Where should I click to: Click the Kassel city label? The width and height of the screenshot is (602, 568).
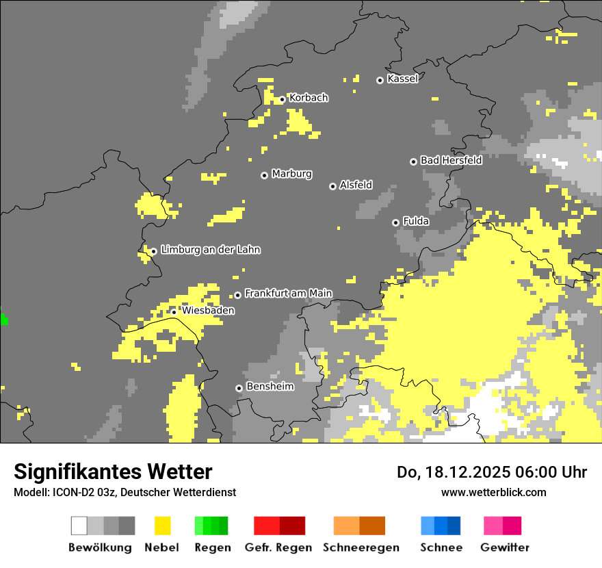[x=402, y=79]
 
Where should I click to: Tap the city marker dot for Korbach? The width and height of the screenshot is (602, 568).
[x=282, y=99]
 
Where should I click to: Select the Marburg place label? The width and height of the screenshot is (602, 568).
[x=291, y=174]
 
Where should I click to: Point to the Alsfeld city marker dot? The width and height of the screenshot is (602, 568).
[x=332, y=186]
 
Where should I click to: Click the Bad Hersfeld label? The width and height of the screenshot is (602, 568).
[x=451, y=160]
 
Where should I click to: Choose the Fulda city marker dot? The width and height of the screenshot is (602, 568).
[x=395, y=222]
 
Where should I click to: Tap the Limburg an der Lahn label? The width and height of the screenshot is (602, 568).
[x=210, y=250]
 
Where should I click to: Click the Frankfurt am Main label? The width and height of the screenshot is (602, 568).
[x=288, y=294]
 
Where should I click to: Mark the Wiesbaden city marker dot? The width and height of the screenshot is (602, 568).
[x=174, y=312]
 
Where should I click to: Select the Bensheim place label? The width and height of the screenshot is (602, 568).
[x=270, y=387]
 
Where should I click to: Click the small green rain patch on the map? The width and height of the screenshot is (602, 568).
[x=3, y=319]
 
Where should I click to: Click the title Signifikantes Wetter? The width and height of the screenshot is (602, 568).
[x=113, y=472]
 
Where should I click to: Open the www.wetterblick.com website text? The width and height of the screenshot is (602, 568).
[x=493, y=492]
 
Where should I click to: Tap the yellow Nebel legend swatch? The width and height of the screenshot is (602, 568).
[x=162, y=526]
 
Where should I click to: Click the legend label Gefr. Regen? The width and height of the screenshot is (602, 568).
[x=278, y=547]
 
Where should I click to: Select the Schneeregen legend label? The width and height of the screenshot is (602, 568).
[x=361, y=547]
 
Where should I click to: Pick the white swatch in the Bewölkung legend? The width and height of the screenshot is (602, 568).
[x=79, y=526]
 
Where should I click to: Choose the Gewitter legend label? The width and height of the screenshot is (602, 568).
[x=505, y=547]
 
